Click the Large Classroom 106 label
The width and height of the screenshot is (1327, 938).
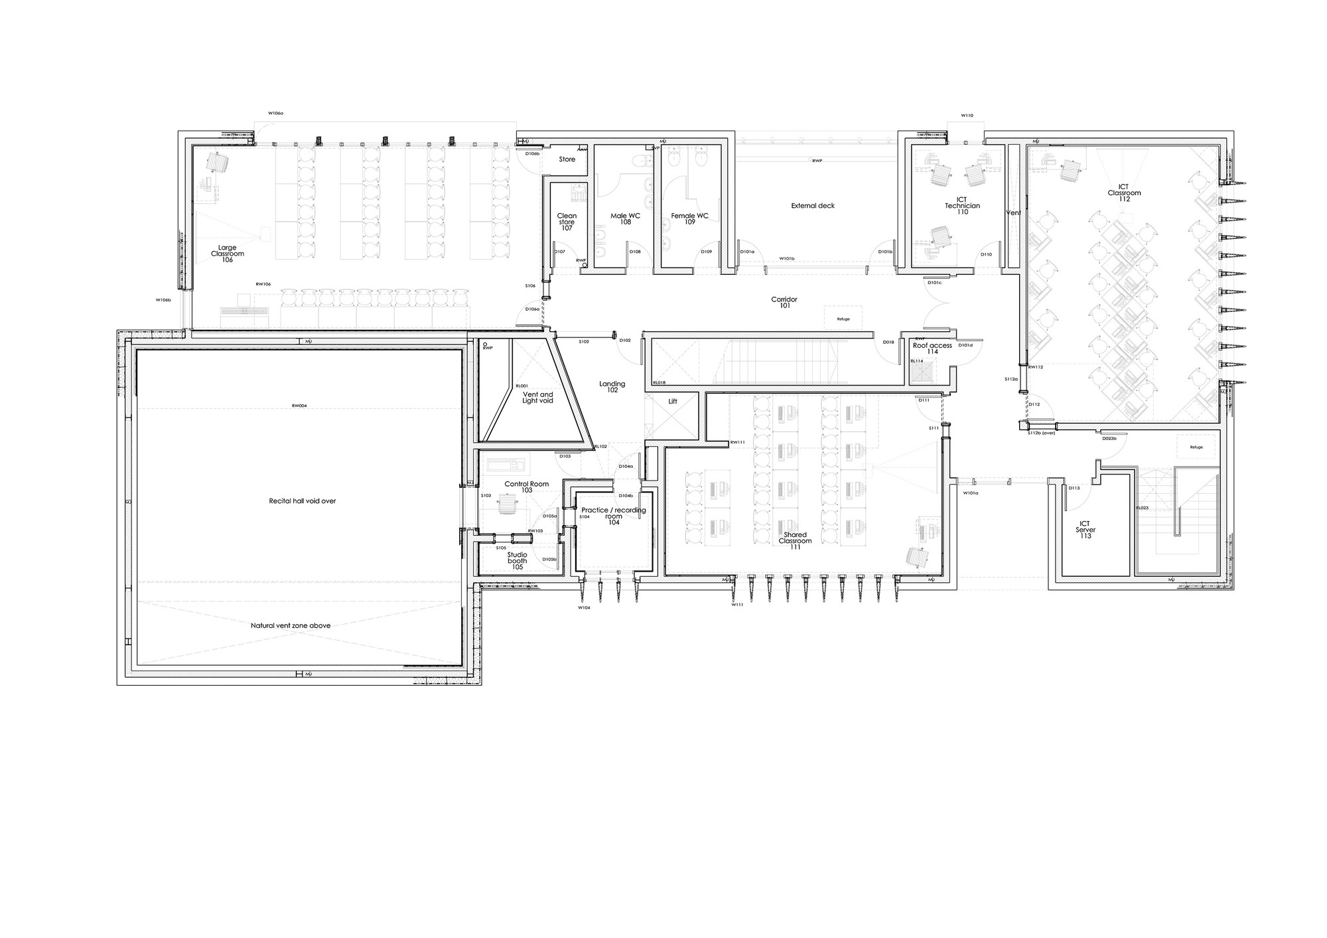pyautogui.click(x=227, y=254)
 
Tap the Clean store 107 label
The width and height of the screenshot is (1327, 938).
pyautogui.click(x=567, y=222)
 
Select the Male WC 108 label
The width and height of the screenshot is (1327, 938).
pyautogui.click(x=625, y=218)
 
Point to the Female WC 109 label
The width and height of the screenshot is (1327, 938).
pyautogui.click(x=689, y=218)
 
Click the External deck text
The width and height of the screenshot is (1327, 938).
pyautogui.click(x=813, y=206)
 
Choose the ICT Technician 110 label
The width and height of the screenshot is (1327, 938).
pyautogui.click(x=962, y=206)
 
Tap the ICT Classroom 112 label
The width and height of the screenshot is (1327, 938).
pyautogui.click(x=1124, y=193)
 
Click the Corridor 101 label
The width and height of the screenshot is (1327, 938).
pyautogui.click(x=784, y=303)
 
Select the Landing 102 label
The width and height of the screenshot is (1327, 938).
pyautogui.click(x=612, y=386)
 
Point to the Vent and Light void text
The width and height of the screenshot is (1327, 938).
pyautogui.click(x=537, y=398)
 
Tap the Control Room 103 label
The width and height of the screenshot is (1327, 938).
pyautogui.click(x=526, y=487)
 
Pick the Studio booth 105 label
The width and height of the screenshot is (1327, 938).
pyautogui.click(x=517, y=560)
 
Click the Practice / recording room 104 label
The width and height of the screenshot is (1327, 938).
pyautogui.click(x=614, y=516)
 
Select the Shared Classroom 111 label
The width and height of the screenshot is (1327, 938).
pyautogui.click(x=795, y=540)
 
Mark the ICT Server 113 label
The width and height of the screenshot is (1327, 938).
pyautogui.click(x=1085, y=530)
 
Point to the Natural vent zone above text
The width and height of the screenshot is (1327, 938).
pyautogui.click(x=291, y=625)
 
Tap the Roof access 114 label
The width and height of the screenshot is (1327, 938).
pyautogui.click(x=932, y=349)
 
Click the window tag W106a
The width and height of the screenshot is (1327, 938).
pyautogui.click(x=275, y=114)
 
